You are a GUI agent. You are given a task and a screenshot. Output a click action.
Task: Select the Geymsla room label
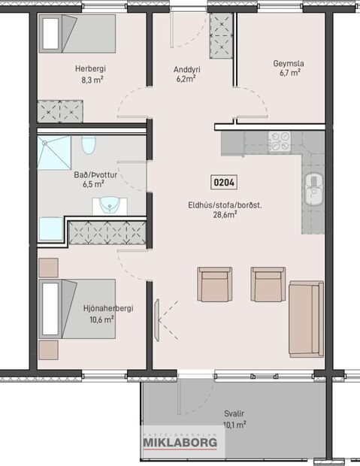pos(288,64)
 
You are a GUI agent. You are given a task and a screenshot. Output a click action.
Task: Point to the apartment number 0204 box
pos(223,182)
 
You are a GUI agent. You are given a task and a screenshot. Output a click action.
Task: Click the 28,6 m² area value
pos(224,214)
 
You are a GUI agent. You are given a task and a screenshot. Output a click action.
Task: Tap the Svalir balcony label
pos(234,413)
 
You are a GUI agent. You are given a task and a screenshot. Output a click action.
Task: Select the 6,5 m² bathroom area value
pos(84,183)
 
